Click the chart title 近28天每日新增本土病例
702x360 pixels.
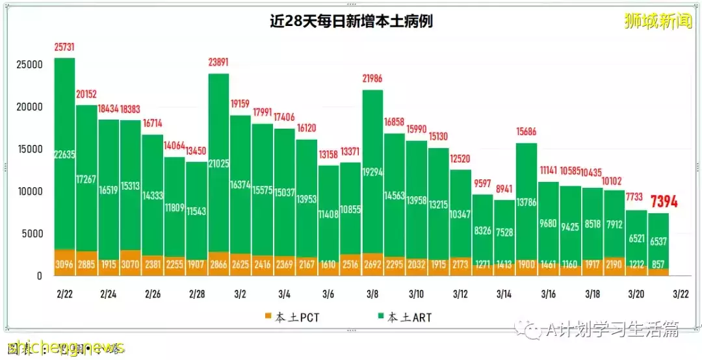(x=351, y=21)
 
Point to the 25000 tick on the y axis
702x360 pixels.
(x=29, y=65)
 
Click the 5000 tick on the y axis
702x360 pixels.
(x=31, y=234)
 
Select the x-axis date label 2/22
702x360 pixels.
(x=64, y=294)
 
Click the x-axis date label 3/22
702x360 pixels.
(x=680, y=294)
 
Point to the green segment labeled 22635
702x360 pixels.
(x=65, y=154)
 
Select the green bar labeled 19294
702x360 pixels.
(x=372, y=172)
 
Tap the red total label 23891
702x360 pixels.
(x=218, y=63)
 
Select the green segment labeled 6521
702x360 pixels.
(x=636, y=237)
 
